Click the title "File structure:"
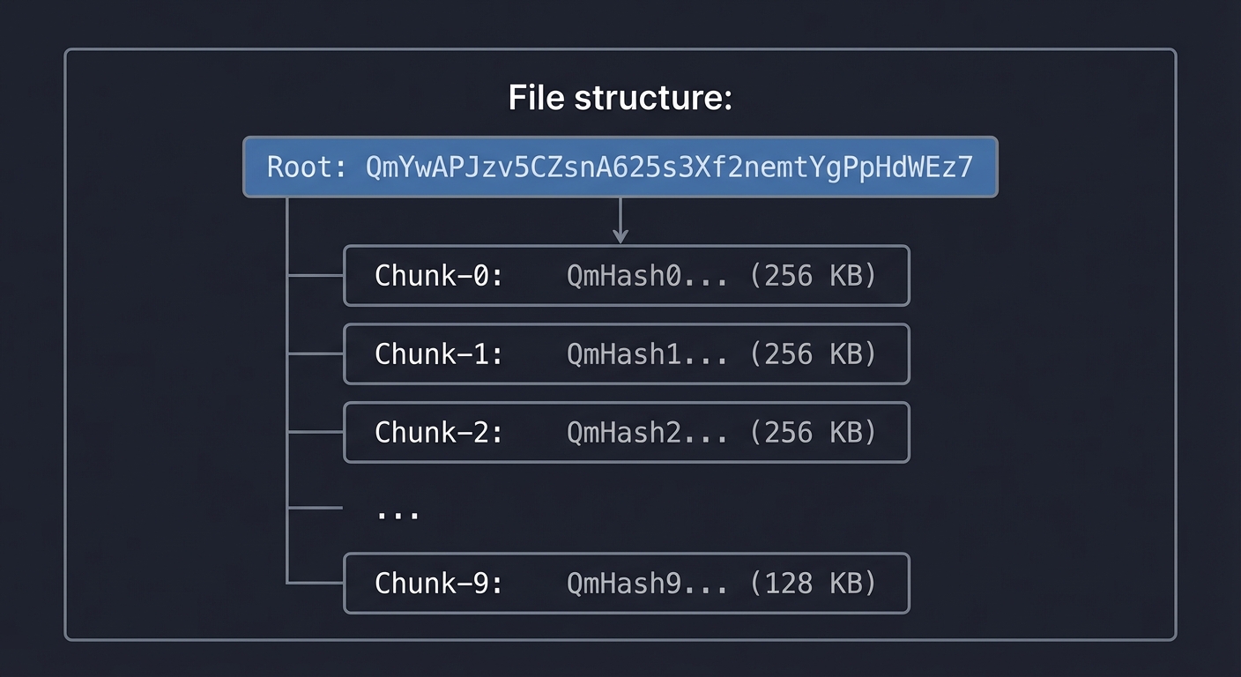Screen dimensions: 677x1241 pos(620,97)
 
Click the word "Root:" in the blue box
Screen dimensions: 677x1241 pos(307,167)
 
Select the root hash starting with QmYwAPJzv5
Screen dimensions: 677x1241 pos(669,167)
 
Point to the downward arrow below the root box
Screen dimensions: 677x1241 pos(620,220)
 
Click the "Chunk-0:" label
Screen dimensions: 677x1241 pos(439,276)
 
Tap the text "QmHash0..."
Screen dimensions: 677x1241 pos(647,276)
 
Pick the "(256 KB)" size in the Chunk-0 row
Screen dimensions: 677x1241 pos(813,276)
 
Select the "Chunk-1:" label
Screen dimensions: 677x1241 pos(439,354)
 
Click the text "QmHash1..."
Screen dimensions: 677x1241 pos(647,354)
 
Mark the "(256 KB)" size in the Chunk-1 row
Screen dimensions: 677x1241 pos(813,354)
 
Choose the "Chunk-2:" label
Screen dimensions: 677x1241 pos(439,433)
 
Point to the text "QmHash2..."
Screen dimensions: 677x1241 pos(647,433)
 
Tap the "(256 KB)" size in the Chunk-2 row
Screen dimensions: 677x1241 pos(813,433)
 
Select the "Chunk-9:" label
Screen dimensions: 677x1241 pos(439,583)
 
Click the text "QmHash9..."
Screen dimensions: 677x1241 pos(647,583)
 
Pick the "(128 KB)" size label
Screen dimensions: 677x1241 pos(813,583)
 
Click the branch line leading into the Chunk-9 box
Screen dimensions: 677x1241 pos(316,583)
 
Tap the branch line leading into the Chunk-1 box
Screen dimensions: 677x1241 pos(316,354)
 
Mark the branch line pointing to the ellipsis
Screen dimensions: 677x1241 pos(316,508)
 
